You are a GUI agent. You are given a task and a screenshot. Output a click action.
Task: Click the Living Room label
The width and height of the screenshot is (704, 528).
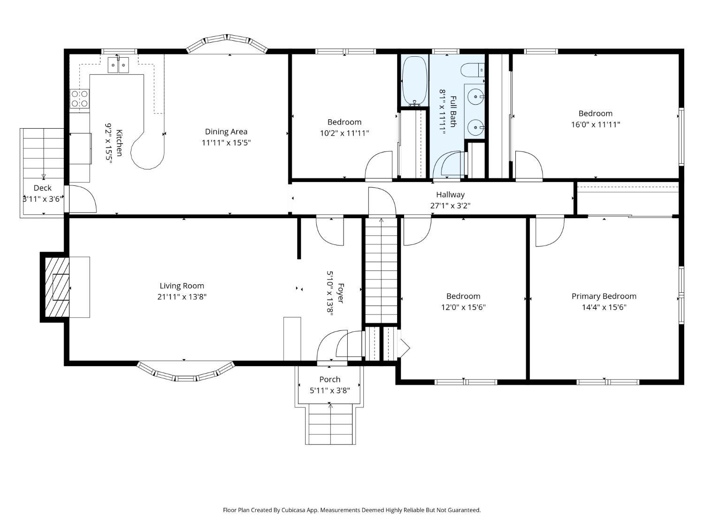[x=182, y=286]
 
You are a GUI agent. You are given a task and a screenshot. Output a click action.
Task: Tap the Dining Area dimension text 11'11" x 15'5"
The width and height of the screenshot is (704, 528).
[x=226, y=143]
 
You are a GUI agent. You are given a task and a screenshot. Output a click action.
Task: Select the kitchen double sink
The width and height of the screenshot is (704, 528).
[x=118, y=65]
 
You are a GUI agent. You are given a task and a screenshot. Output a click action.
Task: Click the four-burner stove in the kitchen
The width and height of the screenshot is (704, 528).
[x=79, y=99]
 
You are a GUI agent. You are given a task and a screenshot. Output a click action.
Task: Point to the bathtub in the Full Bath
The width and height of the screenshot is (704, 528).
[x=415, y=81]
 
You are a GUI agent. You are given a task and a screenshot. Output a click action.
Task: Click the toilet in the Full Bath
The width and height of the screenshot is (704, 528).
[x=473, y=70]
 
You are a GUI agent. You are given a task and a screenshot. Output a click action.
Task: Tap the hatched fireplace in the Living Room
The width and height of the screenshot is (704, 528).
[x=57, y=287]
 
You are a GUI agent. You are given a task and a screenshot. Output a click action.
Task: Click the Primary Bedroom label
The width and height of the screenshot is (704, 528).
[x=604, y=296]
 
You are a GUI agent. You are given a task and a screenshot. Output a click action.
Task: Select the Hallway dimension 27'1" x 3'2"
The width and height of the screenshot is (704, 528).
[x=450, y=206]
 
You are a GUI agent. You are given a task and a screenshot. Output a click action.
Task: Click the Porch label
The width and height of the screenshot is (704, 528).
[x=330, y=379]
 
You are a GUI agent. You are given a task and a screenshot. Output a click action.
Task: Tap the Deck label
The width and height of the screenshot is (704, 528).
[x=42, y=188]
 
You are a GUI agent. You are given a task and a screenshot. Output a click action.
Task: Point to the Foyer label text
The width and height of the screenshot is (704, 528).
[x=341, y=293]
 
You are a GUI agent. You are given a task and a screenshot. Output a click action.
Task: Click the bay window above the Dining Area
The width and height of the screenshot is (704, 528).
[x=227, y=43]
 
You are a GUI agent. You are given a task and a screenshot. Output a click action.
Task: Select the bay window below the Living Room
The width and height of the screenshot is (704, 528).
[x=185, y=372]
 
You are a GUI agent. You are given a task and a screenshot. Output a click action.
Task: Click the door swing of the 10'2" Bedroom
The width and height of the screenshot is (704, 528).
[x=379, y=165]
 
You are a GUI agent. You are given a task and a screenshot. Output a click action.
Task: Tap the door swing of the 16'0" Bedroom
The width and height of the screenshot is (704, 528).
[x=529, y=165]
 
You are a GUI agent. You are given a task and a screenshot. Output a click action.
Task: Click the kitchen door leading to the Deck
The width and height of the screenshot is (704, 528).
[x=83, y=199]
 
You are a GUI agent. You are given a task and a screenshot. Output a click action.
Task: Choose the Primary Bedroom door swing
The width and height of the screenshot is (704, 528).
[x=550, y=232]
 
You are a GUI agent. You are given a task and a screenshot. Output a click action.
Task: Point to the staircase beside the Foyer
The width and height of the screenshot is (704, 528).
[x=382, y=270]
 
